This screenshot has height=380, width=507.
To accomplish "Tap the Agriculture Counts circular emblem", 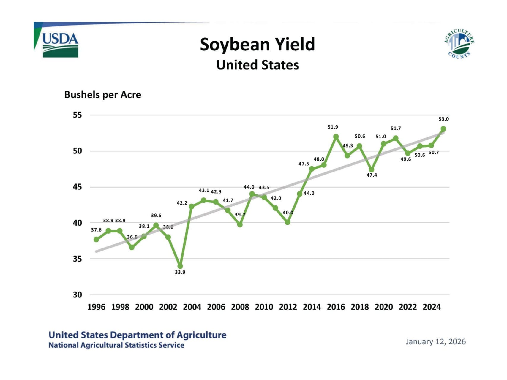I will (x=459, y=44).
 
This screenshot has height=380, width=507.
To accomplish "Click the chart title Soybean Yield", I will (x=257, y=45).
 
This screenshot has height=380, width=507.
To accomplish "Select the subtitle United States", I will (x=258, y=65).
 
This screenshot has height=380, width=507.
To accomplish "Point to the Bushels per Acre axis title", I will (x=102, y=95).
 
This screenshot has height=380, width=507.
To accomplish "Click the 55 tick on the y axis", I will (x=77, y=115).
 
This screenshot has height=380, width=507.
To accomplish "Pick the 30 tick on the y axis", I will (x=77, y=295).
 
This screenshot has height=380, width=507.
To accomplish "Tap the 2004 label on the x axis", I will (x=192, y=307).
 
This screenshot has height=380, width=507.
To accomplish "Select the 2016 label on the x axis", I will (x=336, y=307).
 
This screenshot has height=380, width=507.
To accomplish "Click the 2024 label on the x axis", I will (x=432, y=307).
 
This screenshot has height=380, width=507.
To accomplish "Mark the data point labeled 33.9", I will (x=180, y=266).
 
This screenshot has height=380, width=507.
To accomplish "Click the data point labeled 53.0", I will (x=443, y=129).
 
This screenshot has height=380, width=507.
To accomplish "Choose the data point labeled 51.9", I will (x=336, y=137).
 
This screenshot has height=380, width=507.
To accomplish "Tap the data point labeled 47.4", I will (x=372, y=170).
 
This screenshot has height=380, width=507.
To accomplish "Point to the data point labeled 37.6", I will (x=96, y=239).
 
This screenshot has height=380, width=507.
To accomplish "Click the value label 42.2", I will (x=182, y=203).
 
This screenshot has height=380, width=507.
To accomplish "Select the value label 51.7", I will (x=396, y=129).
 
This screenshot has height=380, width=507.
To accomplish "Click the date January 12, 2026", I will (x=435, y=342).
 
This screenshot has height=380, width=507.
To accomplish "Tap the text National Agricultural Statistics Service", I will (x=116, y=345).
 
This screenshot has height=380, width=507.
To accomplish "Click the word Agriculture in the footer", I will (x=201, y=335).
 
